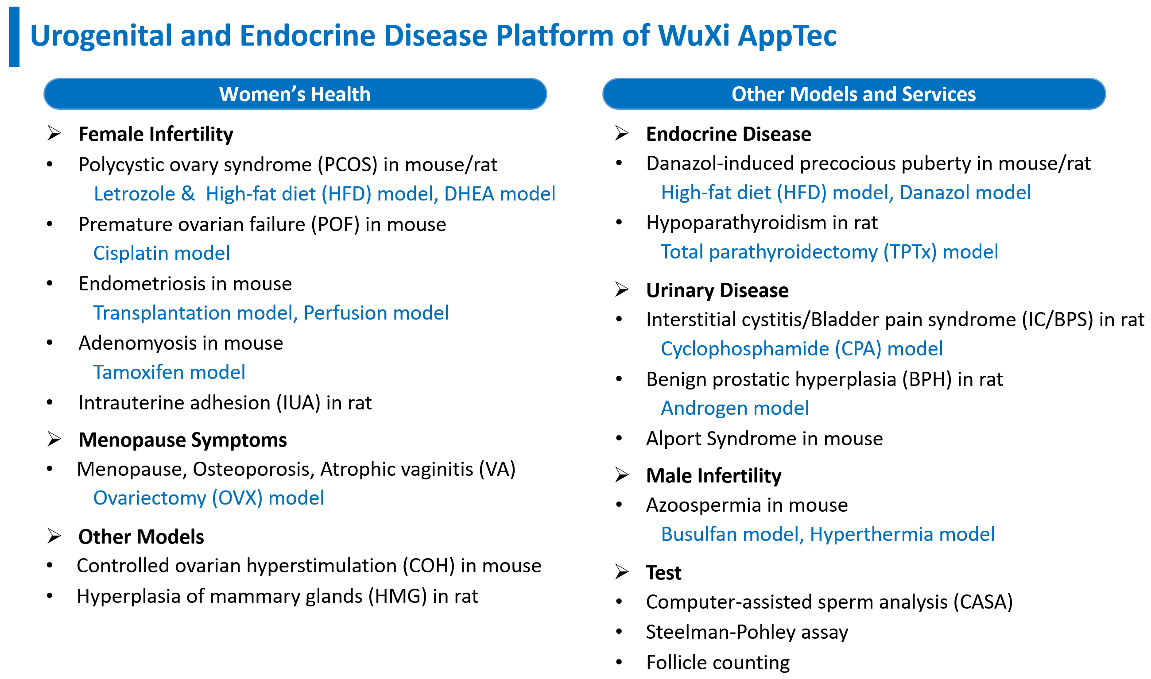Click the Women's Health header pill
[x=295, y=94]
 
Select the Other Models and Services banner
[x=854, y=94]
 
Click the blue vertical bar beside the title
[x=14, y=37]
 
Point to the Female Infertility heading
[x=155, y=134]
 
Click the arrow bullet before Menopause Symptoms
[x=54, y=439]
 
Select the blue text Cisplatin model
[x=162, y=253]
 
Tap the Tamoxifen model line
[x=169, y=372]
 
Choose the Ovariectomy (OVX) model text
[x=209, y=498]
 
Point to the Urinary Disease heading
[x=717, y=290]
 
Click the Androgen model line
[x=735, y=408]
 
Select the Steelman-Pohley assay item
[x=747, y=632]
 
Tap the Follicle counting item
[x=718, y=663]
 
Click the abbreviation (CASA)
[x=983, y=602]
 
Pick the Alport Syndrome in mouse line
[x=764, y=439]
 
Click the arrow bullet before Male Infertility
[x=622, y=475]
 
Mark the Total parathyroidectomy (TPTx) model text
[x=829, y=252]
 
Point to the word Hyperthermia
[x=872, y=535]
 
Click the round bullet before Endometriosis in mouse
[x=50, y=284]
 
